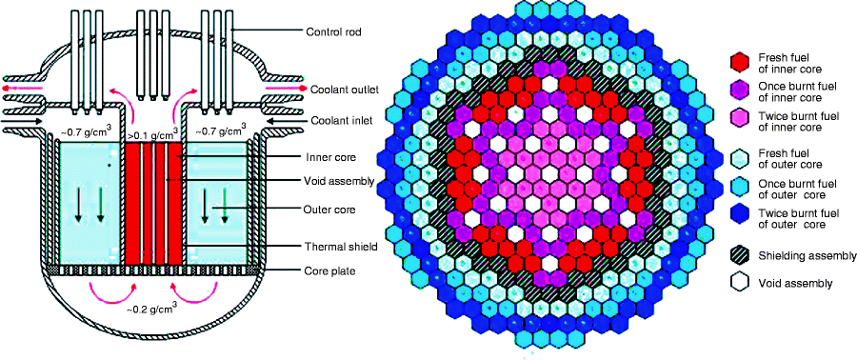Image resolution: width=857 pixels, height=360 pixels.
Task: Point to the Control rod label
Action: (x=339, y=32)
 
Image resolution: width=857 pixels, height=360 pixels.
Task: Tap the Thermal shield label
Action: (x=340, y=246)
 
